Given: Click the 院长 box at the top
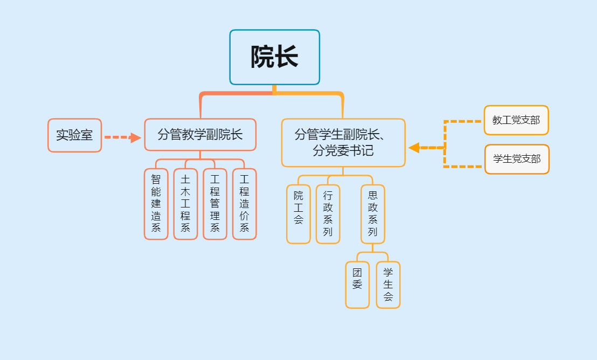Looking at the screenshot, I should tap(275, 57).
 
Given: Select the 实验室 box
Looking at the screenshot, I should tap(74, 135).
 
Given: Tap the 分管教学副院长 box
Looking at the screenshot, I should tap(200, 135).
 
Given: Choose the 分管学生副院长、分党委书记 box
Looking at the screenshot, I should tap(343, 143).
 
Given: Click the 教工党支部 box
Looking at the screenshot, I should tap(516, 120).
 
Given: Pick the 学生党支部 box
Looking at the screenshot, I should tap(517, 159).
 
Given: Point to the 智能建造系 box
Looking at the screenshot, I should tap(156, 204).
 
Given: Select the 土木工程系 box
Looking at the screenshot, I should tap(185, 204).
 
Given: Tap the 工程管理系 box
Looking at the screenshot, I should tap(215, 204).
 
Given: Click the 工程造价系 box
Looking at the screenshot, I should tap(244, 204).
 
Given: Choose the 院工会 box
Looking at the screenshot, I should tap(298, 214).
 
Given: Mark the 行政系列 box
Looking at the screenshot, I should tap(328, 214).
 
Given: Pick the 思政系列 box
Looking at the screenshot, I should tap(373, 214).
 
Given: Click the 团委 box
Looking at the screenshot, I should tap(357, 285).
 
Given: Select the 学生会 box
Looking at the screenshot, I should tap(388, 285).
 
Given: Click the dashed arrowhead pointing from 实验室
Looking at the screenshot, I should tap(135, 137).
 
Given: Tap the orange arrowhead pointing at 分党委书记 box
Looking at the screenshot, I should tap(414, 148).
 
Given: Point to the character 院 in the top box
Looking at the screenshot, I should tap(263, 57).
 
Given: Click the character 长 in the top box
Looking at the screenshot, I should tap(287, 57).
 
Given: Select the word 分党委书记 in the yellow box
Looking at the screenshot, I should tap(343, 151).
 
